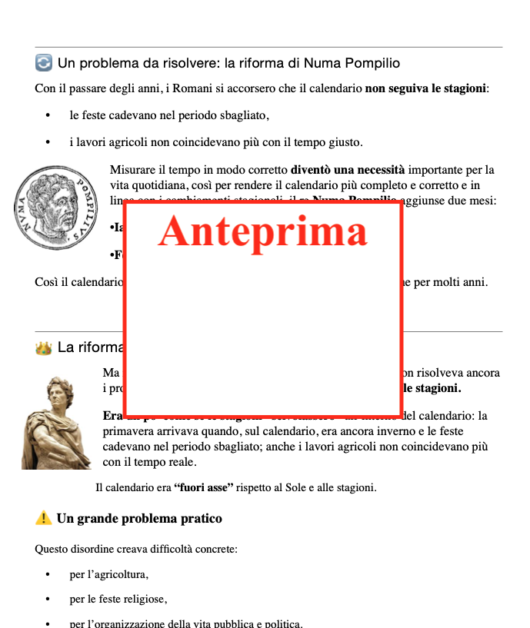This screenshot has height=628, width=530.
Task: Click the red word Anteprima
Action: [x=262, y=231]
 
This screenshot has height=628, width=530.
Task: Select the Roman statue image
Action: [x=55, y=424]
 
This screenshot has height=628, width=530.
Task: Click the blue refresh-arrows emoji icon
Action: [x=44, y=63]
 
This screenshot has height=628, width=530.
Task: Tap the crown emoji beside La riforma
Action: [x=44, y=348]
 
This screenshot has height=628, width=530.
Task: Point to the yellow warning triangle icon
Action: [x=44, y=518]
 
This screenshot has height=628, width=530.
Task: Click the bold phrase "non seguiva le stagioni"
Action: [x=425, y=88]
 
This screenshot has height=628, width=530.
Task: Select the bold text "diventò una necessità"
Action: [x=347, y=170]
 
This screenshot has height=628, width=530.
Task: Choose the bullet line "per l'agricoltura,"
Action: [x=108, y=574]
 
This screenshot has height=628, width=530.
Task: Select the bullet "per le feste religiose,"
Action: [x=118, y=599]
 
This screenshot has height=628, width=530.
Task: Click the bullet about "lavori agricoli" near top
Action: [x=215, y=142]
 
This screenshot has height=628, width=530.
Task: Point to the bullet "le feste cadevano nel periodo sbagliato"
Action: [x=168, y=115]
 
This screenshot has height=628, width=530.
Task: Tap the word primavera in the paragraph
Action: [x=128, y=431]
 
